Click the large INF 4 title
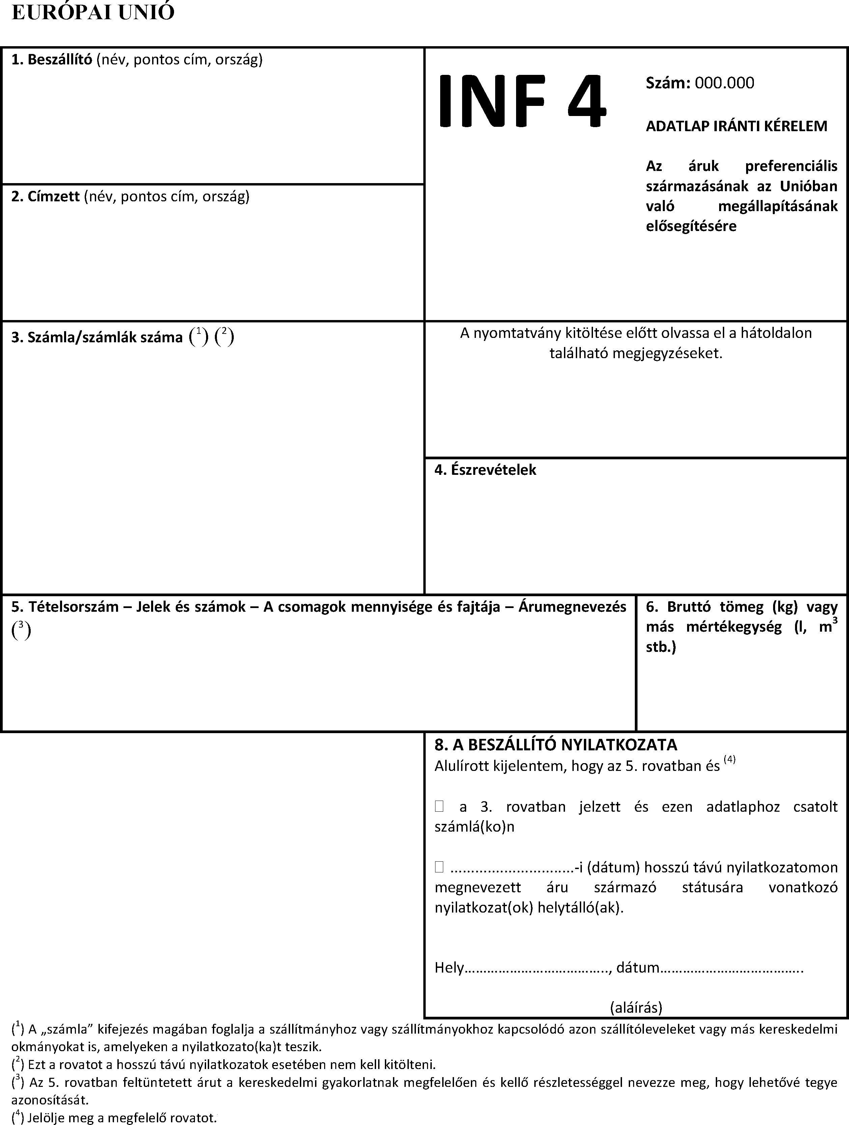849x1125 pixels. point(521,101)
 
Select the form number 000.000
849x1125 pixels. point(725,83)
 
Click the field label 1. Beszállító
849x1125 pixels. point(51,60)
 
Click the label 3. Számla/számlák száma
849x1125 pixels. point(97,338)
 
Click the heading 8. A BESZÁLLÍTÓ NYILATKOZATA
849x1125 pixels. point(556,745)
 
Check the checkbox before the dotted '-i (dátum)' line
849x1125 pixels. point(439,867)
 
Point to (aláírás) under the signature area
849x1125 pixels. point(636,1008)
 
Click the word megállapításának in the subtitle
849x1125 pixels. point(777,206)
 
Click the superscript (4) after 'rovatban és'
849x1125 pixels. point(730,760)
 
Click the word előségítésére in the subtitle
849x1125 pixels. point(691,226)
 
